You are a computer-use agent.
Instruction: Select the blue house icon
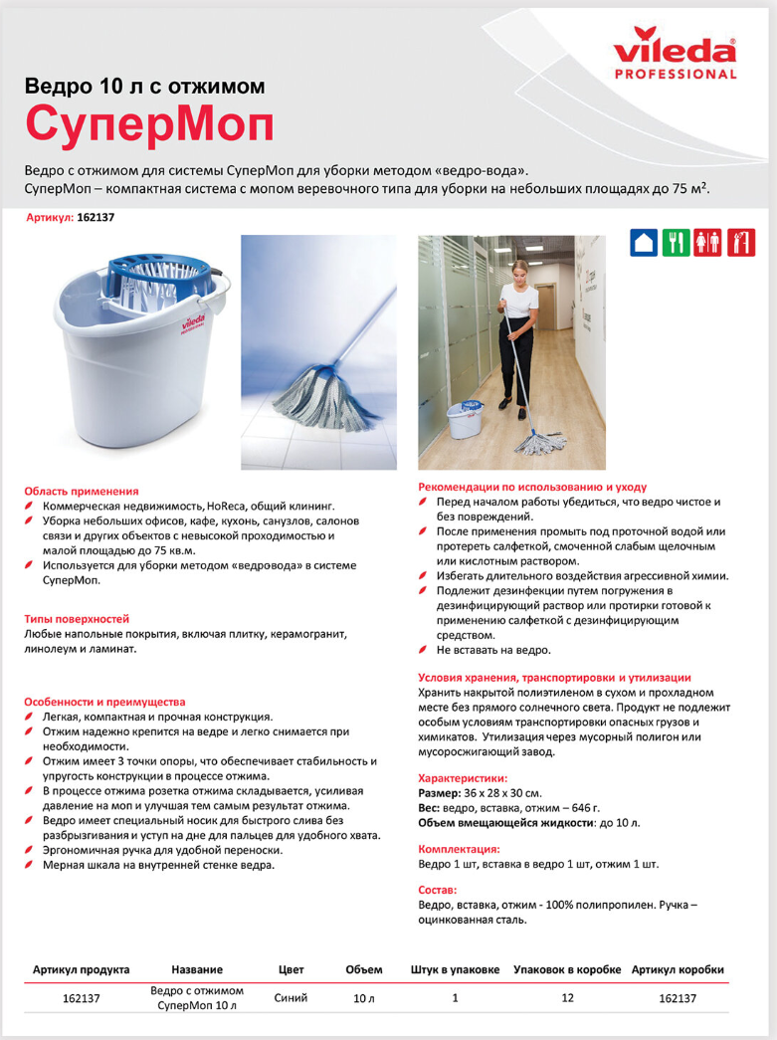click(645, 243)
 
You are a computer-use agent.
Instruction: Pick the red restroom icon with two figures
click(709, 243)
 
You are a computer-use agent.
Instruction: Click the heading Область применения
click(82, 492)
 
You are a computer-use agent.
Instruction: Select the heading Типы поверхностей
click(77, 618)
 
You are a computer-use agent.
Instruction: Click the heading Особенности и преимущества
click(104, 702)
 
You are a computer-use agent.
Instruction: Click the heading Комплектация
click(459, 849)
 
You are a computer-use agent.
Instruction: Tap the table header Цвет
click(291, 969)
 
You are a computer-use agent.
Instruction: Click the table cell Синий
click(291, 997)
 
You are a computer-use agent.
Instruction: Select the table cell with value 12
click(568, 997)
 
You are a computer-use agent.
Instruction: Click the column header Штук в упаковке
click(455, 969)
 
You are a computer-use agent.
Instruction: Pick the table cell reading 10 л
click(363, 998)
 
